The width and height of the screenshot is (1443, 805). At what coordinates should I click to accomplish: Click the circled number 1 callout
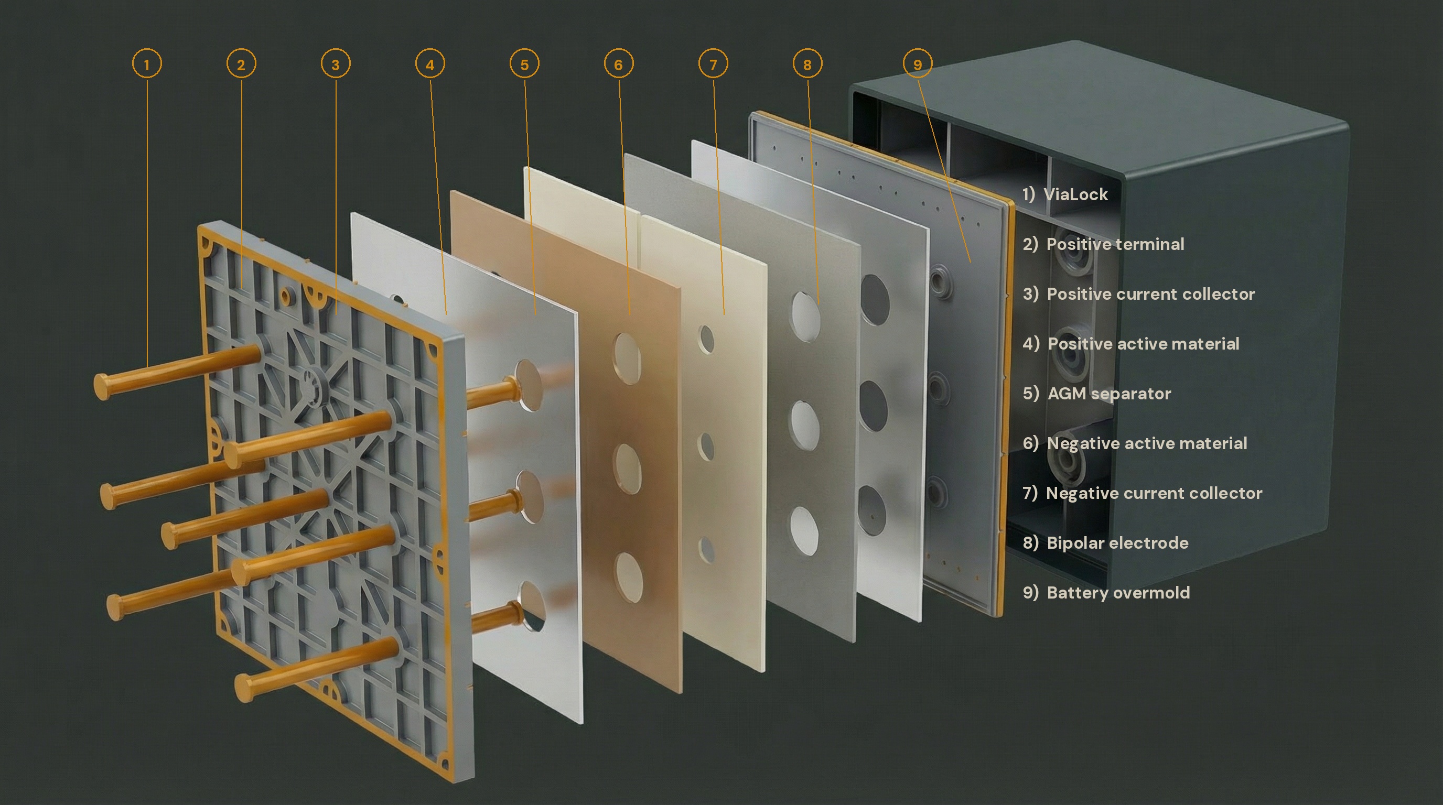(x=147, y=64)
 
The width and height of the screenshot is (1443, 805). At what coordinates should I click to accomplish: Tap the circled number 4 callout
(x=429, y=64)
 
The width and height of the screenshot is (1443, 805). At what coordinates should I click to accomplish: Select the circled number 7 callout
(x=713, y=64)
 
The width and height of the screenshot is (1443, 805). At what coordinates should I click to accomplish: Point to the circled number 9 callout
(x=918, y=64)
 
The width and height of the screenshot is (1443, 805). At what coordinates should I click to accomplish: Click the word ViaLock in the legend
(x=1075, y=194)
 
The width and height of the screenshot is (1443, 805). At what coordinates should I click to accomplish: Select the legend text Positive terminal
(x=1115, y=244)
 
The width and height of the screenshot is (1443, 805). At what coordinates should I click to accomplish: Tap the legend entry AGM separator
(x=1108, y=394)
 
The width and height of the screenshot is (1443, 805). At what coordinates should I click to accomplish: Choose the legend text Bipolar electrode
(x=1117, y=543)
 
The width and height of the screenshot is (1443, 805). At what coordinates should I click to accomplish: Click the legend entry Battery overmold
(x=1118, y=592)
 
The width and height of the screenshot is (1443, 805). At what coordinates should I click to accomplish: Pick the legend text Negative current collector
(x=1154, y=493)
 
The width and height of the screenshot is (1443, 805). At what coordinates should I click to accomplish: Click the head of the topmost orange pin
(x=103, y=386)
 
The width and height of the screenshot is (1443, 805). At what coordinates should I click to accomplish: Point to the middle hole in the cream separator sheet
(x=706, y=446)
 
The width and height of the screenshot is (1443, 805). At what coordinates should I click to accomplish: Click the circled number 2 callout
(x=241, y=64)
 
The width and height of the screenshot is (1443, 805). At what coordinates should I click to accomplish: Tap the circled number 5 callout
(x=524, y=64)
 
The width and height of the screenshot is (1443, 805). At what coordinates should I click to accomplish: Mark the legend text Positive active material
(x=1143, y=344)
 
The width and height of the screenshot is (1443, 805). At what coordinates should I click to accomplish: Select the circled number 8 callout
(x=807, y=64)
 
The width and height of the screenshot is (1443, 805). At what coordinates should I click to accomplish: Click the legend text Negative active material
(x=1147, y=443)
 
